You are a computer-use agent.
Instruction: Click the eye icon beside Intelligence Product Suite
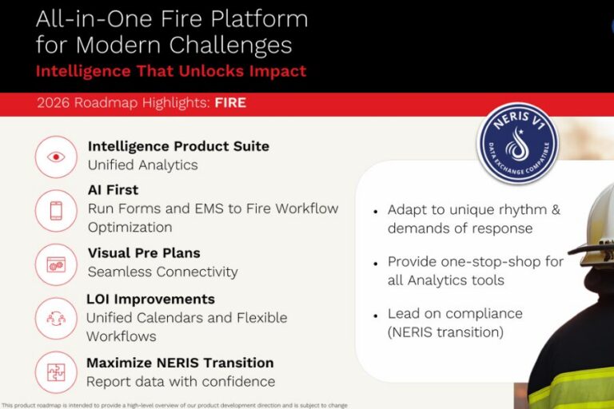point(56,157)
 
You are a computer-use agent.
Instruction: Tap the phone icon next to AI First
point(56,211)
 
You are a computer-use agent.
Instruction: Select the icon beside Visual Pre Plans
point(56,264)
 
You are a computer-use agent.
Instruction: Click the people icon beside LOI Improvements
point(56,318)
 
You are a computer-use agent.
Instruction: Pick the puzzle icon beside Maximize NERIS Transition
point(56,371)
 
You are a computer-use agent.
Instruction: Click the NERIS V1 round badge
point(518,143)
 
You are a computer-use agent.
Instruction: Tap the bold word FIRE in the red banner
point(230,103)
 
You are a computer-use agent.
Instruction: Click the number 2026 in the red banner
point(54,103)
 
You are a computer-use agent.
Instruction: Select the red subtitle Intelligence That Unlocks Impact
point(171,71)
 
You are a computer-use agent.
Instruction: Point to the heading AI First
point(114,190)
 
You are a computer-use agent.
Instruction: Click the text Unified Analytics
point(143,165)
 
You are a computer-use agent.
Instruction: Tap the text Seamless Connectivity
point(163,272)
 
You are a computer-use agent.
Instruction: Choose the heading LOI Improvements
point(151,299)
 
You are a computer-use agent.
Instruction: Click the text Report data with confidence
point(181,382)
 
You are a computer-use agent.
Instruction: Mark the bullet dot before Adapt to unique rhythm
point(376,212)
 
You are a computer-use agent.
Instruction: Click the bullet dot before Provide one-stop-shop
point(376,264)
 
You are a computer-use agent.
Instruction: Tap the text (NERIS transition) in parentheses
point(445,332)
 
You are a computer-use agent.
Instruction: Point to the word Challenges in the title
point(230,45)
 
